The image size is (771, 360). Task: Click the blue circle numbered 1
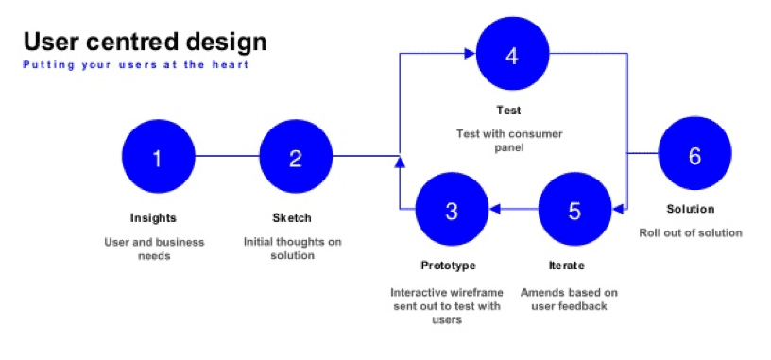[159, 157]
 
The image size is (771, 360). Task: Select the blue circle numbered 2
[296, 157]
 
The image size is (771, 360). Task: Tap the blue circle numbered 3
[452, 209]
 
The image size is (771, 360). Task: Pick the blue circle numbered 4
[512, 53]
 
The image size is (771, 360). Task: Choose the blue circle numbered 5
[574, 209]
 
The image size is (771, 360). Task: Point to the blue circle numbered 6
[694, 153]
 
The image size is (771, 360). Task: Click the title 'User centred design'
[146, 42]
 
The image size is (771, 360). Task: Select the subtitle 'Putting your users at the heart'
[136, 65]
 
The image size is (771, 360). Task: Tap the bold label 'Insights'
[153, 218]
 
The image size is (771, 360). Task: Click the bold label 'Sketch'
[292, 218]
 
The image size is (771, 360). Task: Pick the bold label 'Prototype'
[449, 266]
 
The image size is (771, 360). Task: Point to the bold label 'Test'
[508, 111]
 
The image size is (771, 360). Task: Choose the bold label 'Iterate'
[567, 266]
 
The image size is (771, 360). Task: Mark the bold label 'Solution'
[691, 209]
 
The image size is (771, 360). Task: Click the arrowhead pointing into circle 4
[471, 53]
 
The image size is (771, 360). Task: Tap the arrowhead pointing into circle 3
[494, 209]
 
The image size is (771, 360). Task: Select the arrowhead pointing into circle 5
[617, 209]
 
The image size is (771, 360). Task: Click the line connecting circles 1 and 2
[227, 157]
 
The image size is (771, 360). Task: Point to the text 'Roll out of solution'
[691, 232]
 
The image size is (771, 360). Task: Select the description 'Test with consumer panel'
[509, 141]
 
